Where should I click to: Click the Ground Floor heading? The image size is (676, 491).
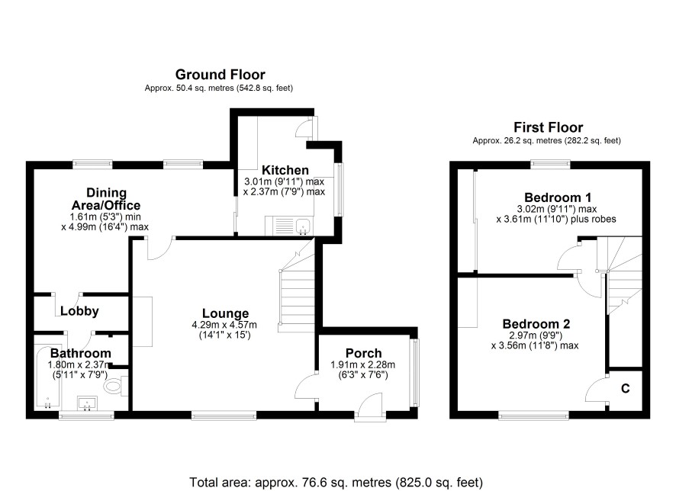[x=220, y=75]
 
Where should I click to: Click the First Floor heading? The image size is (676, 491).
[x=548, y=127]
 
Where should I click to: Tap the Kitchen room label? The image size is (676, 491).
[x=285, y=170]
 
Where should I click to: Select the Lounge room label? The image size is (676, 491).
[x=226, y=313]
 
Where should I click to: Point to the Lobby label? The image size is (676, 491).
[x=79, y=311]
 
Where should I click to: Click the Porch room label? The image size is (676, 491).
[x=363, y=353]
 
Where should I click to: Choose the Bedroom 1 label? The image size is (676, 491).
[x=558, y=197]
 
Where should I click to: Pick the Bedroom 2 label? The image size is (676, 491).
[x=536, y=324]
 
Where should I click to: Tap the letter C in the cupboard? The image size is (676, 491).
[x=625, y=389]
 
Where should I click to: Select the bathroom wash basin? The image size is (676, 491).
[x=88, y=403]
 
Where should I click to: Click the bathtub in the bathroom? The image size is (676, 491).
[x=48, y=377]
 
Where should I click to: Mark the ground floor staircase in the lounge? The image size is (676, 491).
[x=297, y=286]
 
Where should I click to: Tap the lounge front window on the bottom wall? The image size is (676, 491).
[x=224, y=415]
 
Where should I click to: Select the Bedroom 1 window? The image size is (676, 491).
[x=550, y=164]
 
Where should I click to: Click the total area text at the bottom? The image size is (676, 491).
[x=336, y=482]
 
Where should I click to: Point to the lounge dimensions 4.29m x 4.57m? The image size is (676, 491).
[x=224, y=325]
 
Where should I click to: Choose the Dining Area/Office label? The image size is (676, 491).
[x=106, y=199]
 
